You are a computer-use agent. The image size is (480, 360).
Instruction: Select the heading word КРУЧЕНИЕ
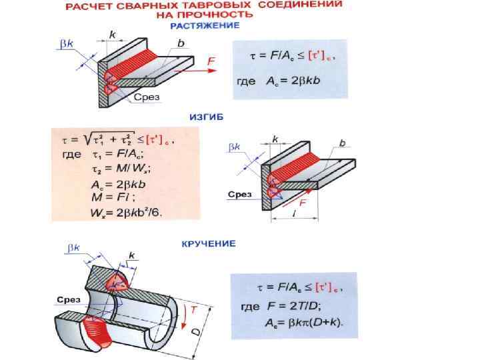[209, 243]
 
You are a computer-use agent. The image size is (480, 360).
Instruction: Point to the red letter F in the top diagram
[211, 61]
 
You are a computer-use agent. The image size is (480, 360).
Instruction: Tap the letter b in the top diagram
[181, 43]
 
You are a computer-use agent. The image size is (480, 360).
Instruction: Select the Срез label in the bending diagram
[240, 194]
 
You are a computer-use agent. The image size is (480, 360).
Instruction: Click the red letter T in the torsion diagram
[193, 309]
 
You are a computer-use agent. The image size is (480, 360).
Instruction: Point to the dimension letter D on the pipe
[195, 331]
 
